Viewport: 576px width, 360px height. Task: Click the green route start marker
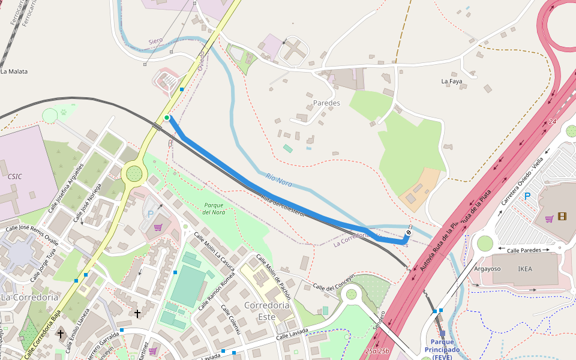166,118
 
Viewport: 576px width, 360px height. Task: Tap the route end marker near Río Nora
409,232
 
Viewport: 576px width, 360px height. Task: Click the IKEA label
524,269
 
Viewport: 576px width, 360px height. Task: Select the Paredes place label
326,103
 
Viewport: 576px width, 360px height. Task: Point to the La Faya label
452,81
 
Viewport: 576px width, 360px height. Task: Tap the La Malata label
14,71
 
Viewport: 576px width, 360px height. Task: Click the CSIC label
15,176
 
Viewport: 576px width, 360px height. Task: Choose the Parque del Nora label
214,209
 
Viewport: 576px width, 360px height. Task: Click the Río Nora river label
278,179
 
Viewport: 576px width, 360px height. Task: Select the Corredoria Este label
267,310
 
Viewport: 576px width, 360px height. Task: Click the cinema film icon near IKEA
562,217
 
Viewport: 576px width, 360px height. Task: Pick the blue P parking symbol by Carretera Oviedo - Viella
527,196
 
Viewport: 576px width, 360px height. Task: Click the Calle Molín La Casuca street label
214,251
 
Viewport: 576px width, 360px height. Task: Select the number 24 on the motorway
551,122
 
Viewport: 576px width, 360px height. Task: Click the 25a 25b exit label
377,351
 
